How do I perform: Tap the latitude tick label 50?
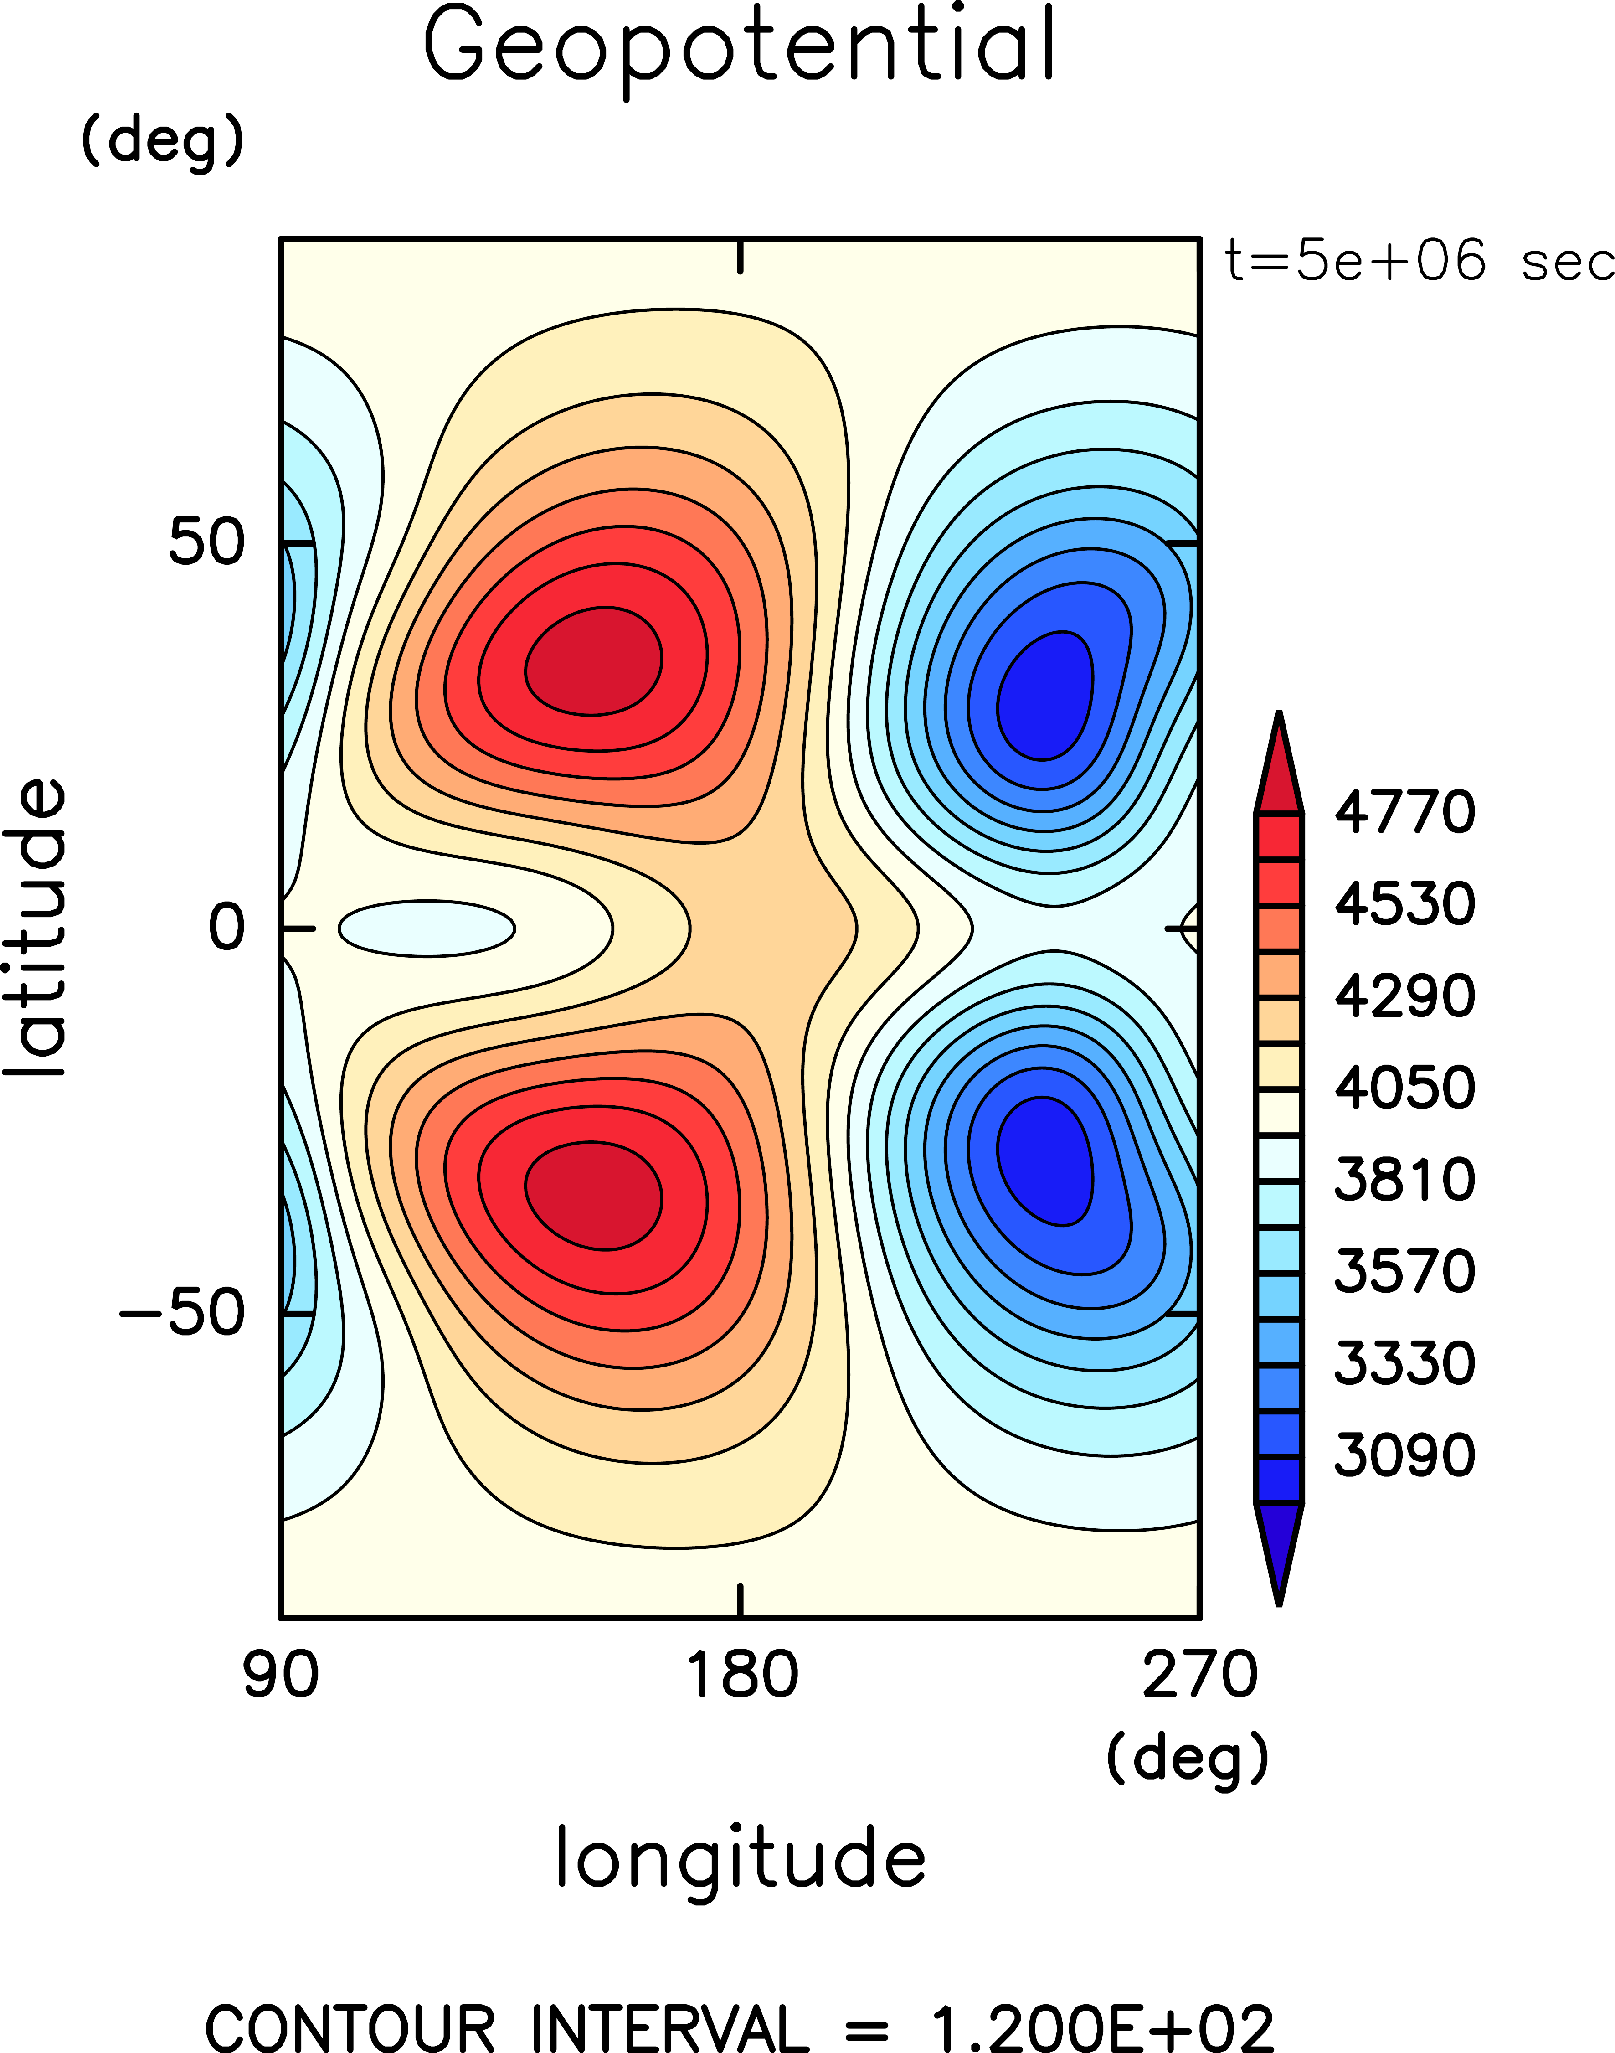click(206, 543)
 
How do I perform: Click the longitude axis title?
click(741, 1857)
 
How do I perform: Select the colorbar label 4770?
click(1404, 812)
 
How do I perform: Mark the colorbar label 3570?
click(1404, 1271)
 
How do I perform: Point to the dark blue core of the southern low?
click(1045, 1158)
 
